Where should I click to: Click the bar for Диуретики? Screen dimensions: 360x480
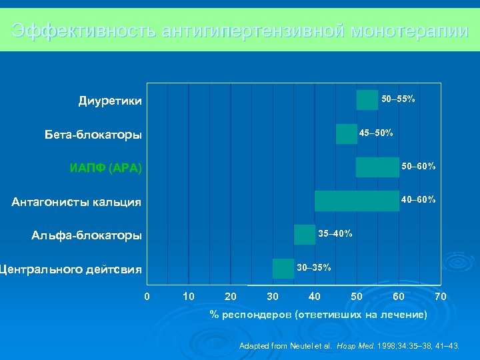tap(367, 100)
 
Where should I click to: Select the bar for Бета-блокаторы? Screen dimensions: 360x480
tap(347, 134)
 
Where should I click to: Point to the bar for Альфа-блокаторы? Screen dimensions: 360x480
tap(305, 235)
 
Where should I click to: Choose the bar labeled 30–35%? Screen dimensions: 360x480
tap(283, 268)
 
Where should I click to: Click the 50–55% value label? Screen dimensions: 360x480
tap(398, 99)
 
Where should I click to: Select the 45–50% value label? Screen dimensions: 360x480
tap(376, 132)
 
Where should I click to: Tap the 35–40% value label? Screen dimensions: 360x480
tap(335, 233)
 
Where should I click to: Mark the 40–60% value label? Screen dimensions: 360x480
tap(418, 199)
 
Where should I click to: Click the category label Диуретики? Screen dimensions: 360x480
tap(110, 101)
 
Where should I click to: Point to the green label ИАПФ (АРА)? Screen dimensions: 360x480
tap(106, 168)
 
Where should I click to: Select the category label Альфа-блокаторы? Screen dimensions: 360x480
tap(87, 235)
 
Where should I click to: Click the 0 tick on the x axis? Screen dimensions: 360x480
tap(147, 296)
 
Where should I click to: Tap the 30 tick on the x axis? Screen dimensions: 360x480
tap(272, 296)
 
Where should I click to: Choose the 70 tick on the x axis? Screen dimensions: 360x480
tap(440, 296)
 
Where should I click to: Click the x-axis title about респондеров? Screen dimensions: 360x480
tap(318, 314)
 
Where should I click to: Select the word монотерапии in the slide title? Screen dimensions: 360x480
tap(409, 31)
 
